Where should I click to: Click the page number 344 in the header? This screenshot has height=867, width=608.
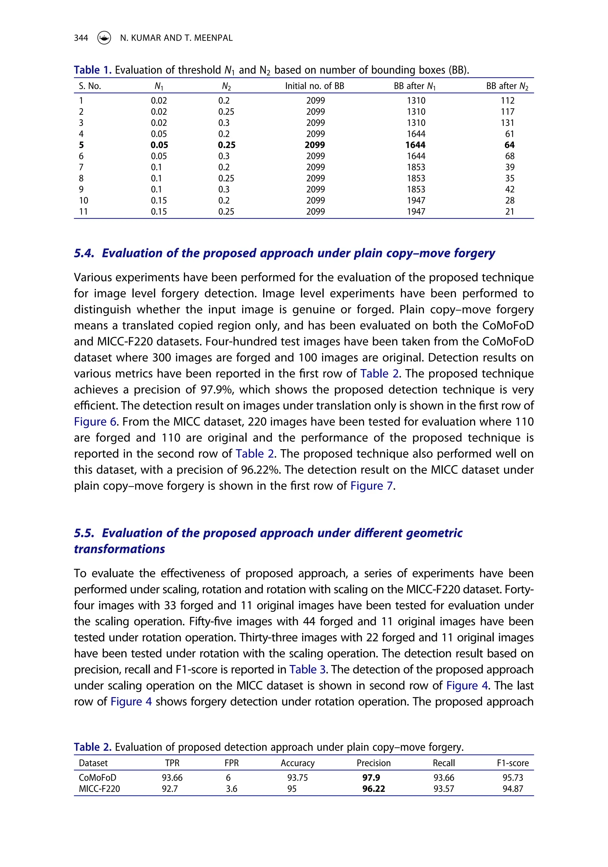click(81, 38)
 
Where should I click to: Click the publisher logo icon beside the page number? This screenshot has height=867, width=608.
click(104, 38)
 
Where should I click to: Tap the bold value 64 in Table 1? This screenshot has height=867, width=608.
click(509, 145)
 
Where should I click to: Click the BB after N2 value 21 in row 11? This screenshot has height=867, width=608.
click(509, 211)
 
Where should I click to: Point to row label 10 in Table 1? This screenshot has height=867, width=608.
click(83, 200)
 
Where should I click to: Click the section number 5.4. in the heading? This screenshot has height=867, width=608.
click(84, 253)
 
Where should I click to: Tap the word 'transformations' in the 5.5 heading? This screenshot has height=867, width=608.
click(119, 549)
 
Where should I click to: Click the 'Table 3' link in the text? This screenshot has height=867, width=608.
click(307, 670)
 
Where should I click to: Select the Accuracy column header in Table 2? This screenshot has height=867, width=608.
click(297, 763)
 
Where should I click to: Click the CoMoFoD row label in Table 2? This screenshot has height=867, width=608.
click(97, 778)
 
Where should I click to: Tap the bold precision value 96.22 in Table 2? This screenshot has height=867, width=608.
click(373, 789)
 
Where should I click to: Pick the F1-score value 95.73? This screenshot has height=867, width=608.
click(512, 778)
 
